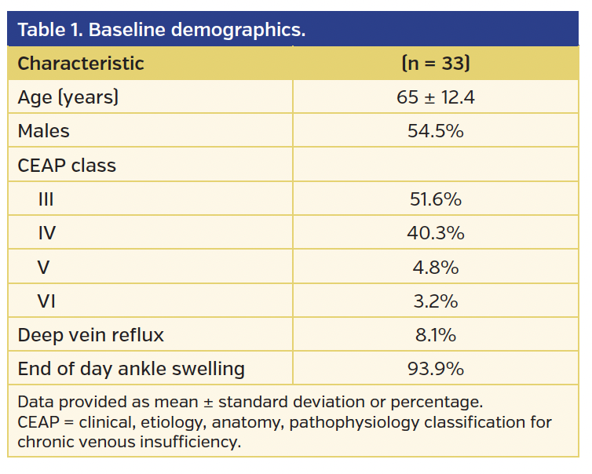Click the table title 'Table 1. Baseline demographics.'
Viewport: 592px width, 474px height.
[x=161, y=30]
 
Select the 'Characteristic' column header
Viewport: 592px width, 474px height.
[x=81, y=64]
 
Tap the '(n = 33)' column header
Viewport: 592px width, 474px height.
[x=435, y=64]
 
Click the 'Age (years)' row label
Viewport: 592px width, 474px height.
[x=68, y=98]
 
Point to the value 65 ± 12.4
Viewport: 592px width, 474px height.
[x=435, y=98]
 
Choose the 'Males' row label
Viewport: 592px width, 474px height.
[x=43, y=132]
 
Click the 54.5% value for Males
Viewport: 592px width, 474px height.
[x=435, y=132]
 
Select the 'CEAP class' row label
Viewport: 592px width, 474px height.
[x=67, y=166]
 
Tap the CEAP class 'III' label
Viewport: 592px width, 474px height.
[x=46, y=200]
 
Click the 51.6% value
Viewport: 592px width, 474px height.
[x=435, y=200]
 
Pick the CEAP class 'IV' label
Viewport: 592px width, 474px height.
[x=47, y=234]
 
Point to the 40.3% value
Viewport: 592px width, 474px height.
[x=435, y=234]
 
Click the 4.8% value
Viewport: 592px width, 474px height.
[x=435, y=268]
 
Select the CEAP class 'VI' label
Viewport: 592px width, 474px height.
[x=47, y=301]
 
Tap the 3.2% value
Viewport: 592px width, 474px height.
[x=435, y=301]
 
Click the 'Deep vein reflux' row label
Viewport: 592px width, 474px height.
[x=90, y=335]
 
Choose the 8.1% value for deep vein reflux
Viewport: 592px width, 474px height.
[x=435, y=335]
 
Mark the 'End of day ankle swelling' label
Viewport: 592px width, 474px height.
[x=131, y=369]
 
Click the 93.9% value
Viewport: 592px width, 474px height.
[x=435, y=369]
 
